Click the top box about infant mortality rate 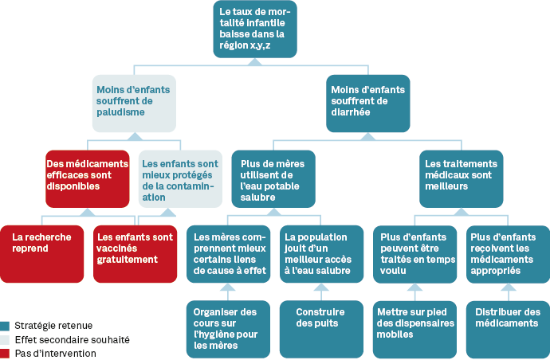[255, 29]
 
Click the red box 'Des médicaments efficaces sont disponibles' [86, 178]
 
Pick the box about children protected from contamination [179, 178]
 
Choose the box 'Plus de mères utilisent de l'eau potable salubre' [273, 178]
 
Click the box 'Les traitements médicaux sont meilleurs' [462, 178]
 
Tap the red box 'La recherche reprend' [40, 253]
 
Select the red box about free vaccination [133, 253]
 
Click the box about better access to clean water [320, 253]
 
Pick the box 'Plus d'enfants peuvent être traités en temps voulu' [414, 253]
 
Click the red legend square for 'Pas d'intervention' [6, 352]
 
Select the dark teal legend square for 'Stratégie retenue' [6, 325]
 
